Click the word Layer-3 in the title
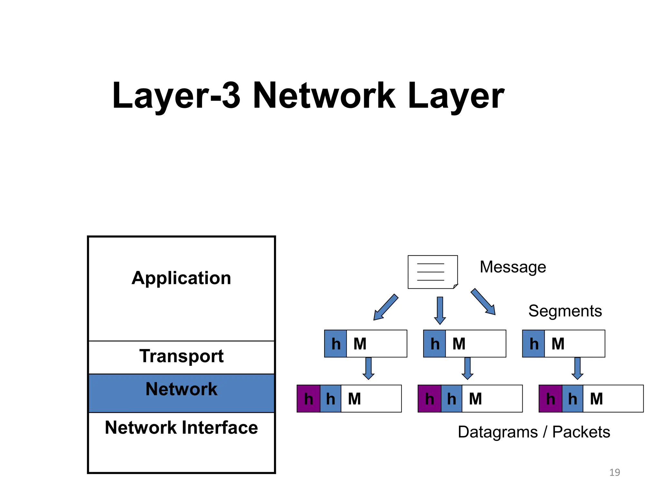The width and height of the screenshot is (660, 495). pos(176,96)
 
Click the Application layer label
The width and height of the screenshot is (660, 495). pos(181,278)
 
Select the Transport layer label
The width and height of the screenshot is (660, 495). pos(181,356)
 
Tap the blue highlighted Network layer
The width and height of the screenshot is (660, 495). pos(181,393)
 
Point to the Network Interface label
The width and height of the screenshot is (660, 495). pos(181,428)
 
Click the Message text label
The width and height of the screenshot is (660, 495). pos(513,267)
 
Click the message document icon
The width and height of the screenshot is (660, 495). pos(432,272)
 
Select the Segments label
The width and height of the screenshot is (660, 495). pos(565,311)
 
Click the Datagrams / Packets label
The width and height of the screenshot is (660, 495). pos(534,432)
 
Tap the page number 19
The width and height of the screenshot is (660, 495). pos(615,472)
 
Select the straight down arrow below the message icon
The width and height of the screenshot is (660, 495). pos(440,310)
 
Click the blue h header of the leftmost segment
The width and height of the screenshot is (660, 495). pos(335,344)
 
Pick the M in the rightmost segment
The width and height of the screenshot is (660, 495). pos(558,344)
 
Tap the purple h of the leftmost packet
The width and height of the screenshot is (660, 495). pos(308,399)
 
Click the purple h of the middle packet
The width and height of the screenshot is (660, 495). pos(429,399)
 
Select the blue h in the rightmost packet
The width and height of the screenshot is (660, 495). pos(572,399)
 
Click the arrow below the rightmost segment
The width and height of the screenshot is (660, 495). pos(577,368)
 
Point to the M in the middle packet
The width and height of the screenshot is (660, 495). pos(475,399)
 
